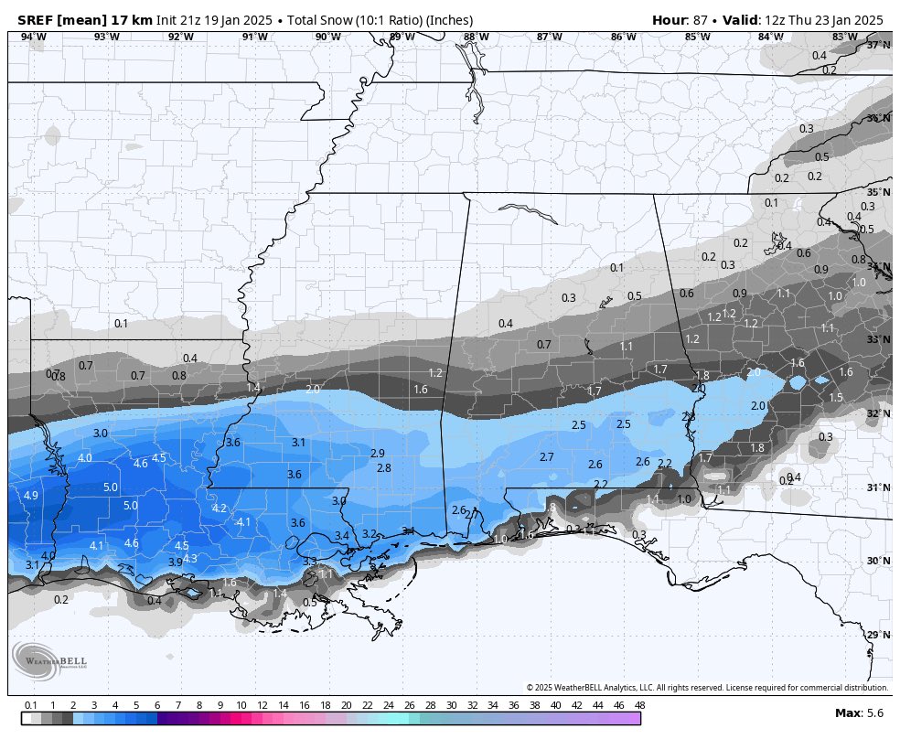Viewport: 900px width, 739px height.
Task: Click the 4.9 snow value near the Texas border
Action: click(31, 495)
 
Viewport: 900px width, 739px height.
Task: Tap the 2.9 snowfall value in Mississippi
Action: click(377, 454)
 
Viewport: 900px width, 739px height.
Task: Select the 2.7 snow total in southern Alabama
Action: click(546, 456)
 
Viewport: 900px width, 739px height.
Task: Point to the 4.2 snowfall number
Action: click(219, 509)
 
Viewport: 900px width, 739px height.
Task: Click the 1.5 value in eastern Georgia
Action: click(836, 398)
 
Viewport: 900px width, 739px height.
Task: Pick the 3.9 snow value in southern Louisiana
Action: click(176, 562)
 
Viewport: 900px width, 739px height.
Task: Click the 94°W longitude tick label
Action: click(33, 37)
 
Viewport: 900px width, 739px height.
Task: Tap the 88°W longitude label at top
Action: click(476, 37)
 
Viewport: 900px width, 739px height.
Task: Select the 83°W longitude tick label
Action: click(844, 37)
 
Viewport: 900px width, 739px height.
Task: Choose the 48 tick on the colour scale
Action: click(639, 705)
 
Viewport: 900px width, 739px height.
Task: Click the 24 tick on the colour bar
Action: click(388, 705)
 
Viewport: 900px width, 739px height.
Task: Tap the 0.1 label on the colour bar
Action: click(30, 705)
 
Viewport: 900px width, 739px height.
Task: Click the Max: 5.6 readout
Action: click(859, 712)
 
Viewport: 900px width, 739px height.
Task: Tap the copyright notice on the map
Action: click(707, 687)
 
